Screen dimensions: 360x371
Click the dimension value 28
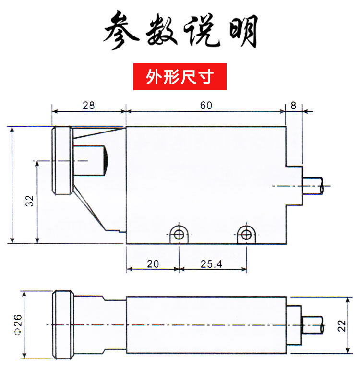[x=88, y=106]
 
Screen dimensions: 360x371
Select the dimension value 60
[x=206, y=106]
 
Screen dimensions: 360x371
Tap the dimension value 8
[x=293, y=106]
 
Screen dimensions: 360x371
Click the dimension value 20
[x=152, y=264]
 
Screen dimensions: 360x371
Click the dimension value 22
[x=342, y=326]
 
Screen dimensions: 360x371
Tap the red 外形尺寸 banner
[x=180, y=77]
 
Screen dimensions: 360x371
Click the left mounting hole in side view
[x=179, y=234]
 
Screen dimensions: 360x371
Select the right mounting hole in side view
[x=246, y=234]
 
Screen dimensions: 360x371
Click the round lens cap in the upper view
[x=62, y=160]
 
